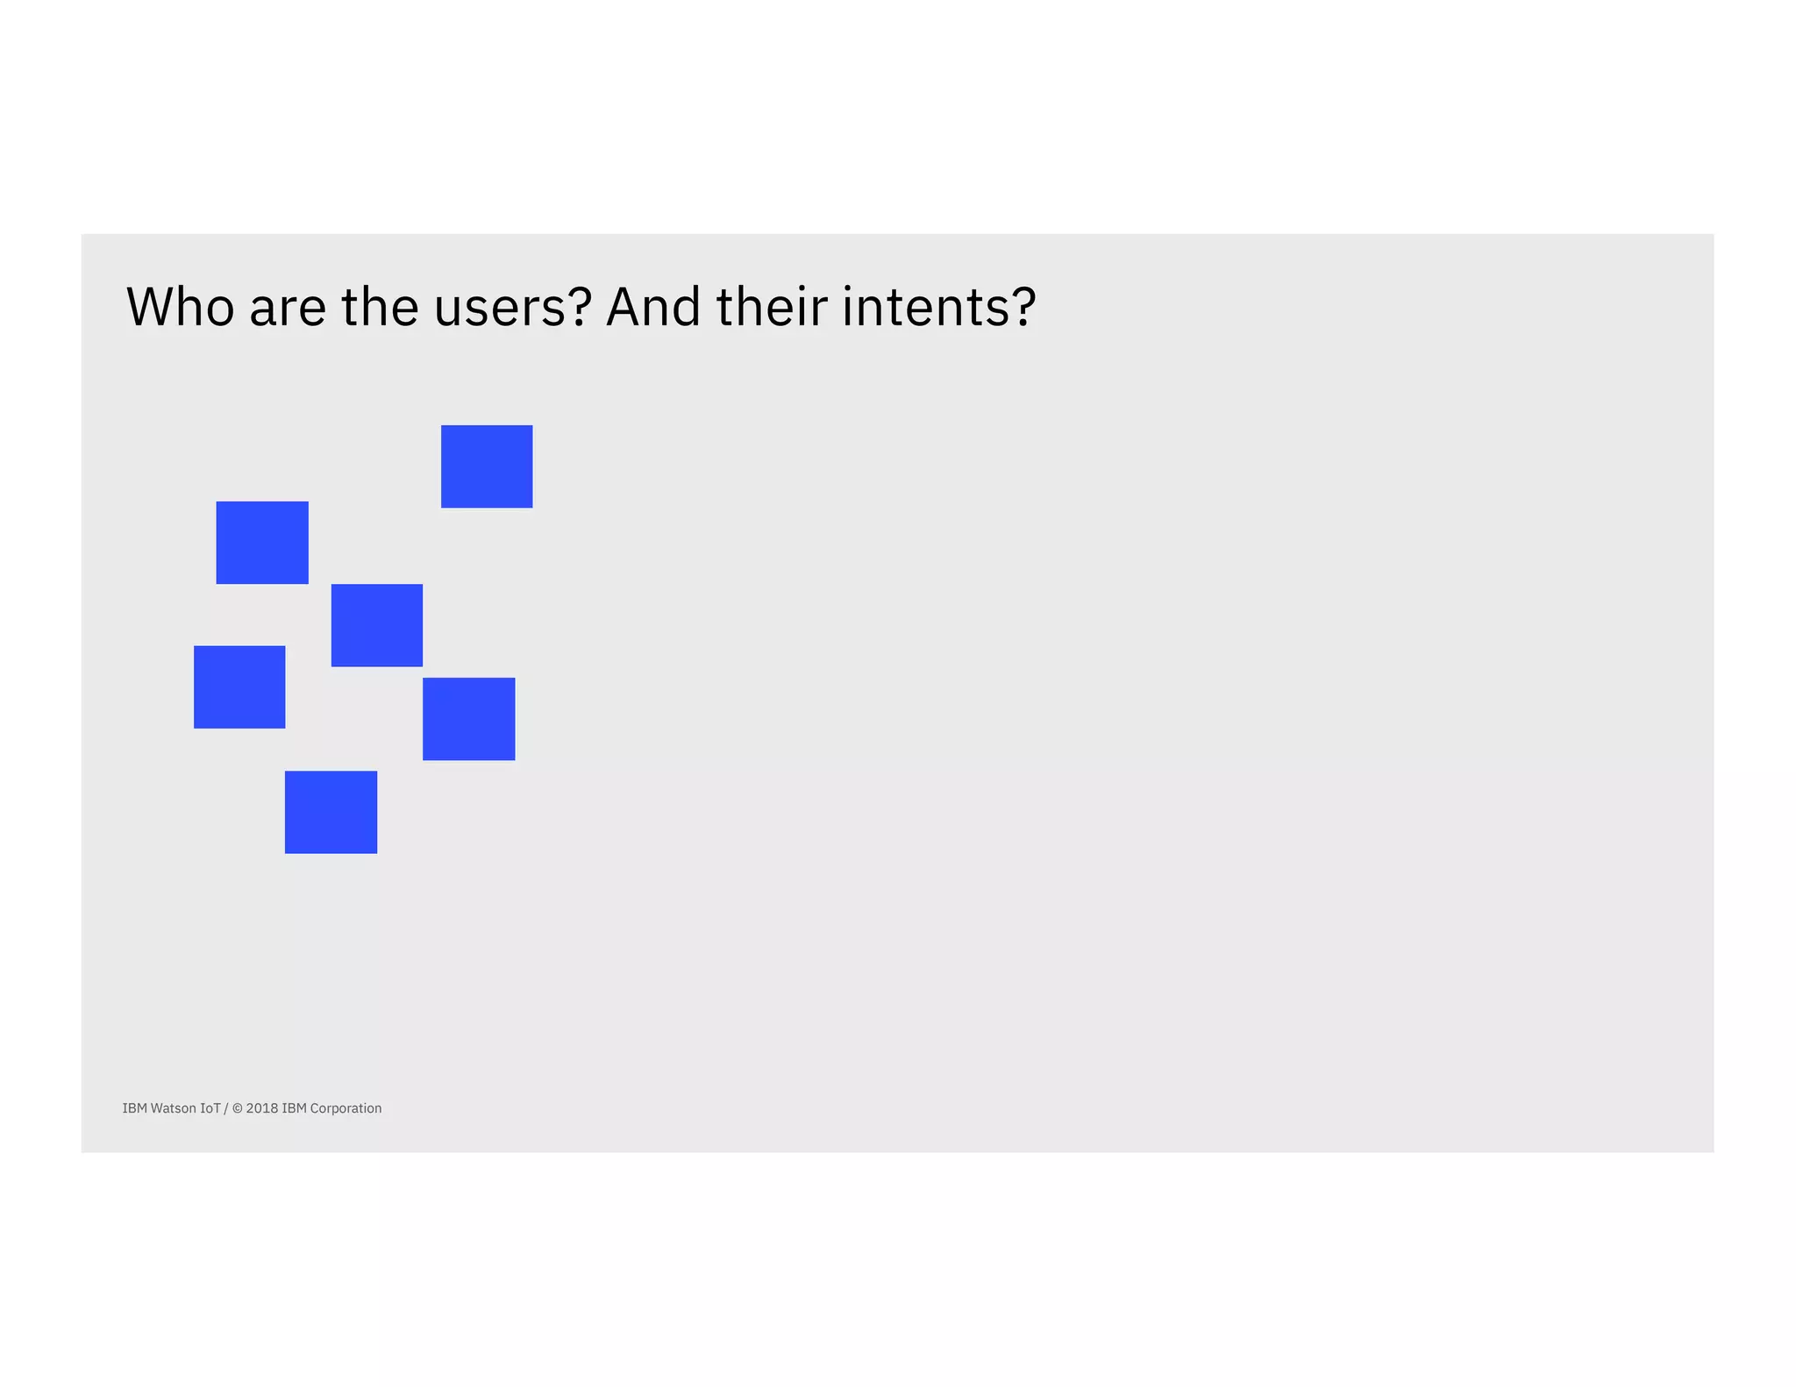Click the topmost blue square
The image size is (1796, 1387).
(x=487, y=466)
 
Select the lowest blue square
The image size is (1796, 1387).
(x=331, y=812)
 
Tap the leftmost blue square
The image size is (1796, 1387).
(x=239, y=686)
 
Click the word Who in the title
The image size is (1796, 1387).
(x=181, y=307)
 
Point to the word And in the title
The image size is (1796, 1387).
(x=653, y=307)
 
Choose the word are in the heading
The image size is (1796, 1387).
(x=288, y=307)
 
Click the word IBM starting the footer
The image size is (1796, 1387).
(x=134, y=1108)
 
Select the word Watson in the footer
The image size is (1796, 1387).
(x=174, y=1108)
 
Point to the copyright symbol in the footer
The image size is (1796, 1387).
(x=237, y=1108)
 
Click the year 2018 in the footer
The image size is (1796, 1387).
(x=261, y=1108)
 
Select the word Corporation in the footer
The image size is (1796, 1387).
(x=346, y=1108)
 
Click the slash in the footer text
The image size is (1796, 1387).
(x=226, y=1108)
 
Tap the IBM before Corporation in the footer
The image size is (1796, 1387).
(x=294, y=1108)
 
